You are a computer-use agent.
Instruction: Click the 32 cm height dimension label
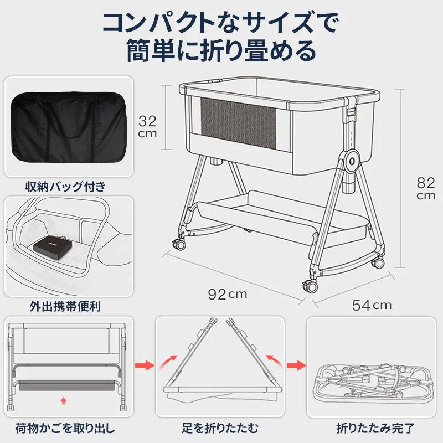click(147, 126)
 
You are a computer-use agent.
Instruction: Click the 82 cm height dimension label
click(426, 188)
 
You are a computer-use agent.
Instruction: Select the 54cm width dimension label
click(372, 305)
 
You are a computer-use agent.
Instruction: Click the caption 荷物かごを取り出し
click(69, 427)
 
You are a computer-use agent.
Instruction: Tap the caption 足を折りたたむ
click(220, 427)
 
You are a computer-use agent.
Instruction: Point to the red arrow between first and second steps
click(145, 365)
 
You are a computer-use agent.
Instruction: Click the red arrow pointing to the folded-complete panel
click(297, 365)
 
